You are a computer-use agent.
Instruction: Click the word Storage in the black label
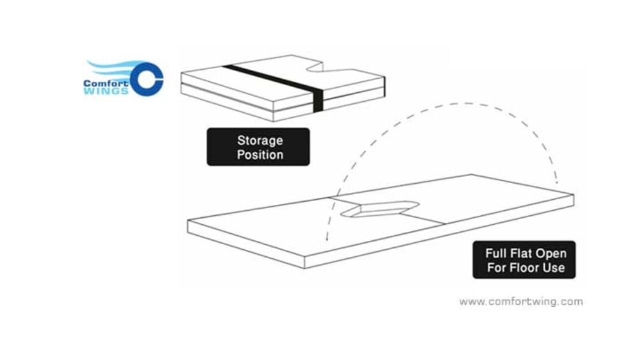click(x=260, y=140)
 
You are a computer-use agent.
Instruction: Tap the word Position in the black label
click(x=260, y=154)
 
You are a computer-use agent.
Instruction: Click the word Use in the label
click(x=554, y=268)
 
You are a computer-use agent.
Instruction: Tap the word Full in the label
click(x=494, y=254)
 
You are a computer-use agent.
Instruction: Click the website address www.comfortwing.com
click(x=520, y=302)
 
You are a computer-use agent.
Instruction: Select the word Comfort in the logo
click(x=106, y=83)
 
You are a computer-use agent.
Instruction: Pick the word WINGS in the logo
click(x=106, y=91)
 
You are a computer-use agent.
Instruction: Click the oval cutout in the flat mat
click(x=380, y=209)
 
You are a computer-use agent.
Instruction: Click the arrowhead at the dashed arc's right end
click(x=556, y=180)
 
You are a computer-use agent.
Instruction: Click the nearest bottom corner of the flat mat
click(x=305, y=268)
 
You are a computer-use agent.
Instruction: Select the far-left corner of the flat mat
click(x=188, y=221)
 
